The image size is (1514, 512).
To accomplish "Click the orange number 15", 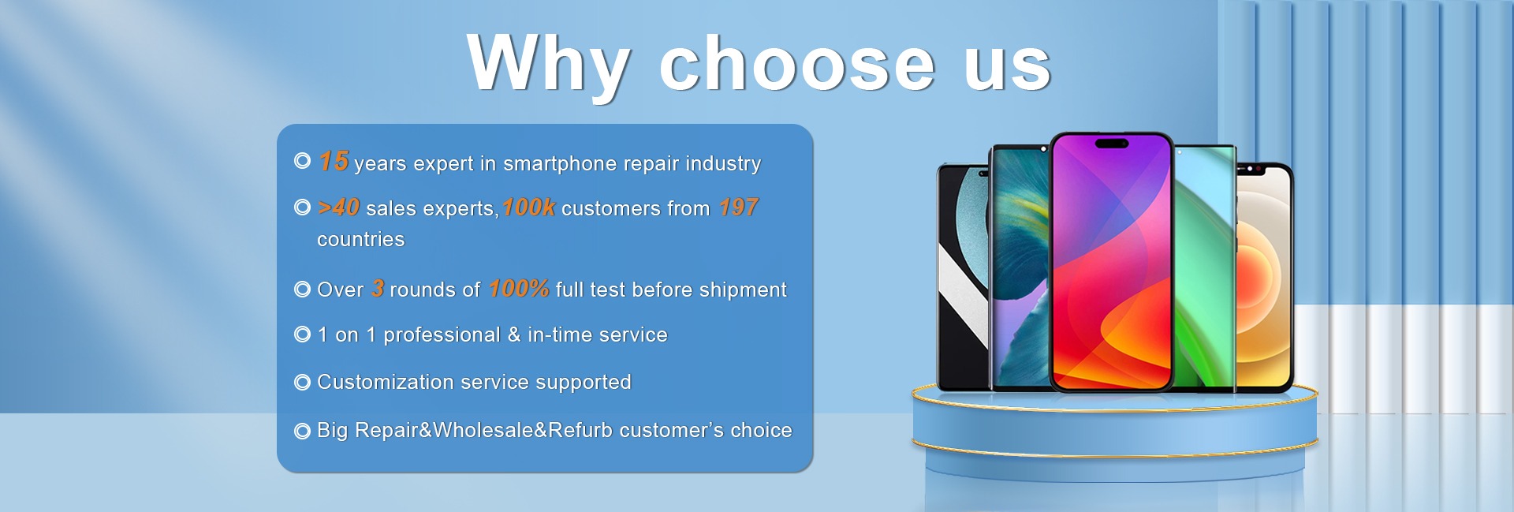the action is [x=334, y=161].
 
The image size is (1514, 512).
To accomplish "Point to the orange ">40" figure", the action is [x=338, y=207].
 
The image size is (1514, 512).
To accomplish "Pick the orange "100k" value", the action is [x=528, y=207].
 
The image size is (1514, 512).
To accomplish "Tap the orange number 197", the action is [x=738, y=207].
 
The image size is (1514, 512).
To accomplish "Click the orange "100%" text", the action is [x=519, y=289].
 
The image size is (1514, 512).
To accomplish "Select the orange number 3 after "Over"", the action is [x=378, y=289].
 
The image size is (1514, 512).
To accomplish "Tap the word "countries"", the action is [x=361, y=239].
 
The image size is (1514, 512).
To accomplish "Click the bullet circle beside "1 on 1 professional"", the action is [x=302, y=334].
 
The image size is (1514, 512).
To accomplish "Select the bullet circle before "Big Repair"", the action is [x=302, y=431].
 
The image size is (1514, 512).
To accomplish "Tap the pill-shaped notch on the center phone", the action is [x=1111, y=144].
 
